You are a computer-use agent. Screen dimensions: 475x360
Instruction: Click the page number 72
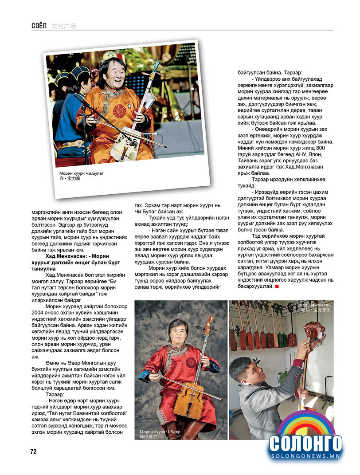pos(34,451)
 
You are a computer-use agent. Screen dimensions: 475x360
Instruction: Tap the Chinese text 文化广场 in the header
pos(64,26)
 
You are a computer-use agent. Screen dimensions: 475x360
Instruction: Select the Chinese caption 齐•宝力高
pos(70,179)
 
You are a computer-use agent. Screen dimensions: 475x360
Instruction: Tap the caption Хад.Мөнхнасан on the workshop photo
pos(314,305)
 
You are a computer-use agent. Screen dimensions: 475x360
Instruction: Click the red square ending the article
pos(277,287)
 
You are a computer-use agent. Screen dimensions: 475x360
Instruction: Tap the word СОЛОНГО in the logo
pos(306,444)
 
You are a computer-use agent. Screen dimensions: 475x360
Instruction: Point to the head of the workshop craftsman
pos(245,369)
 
